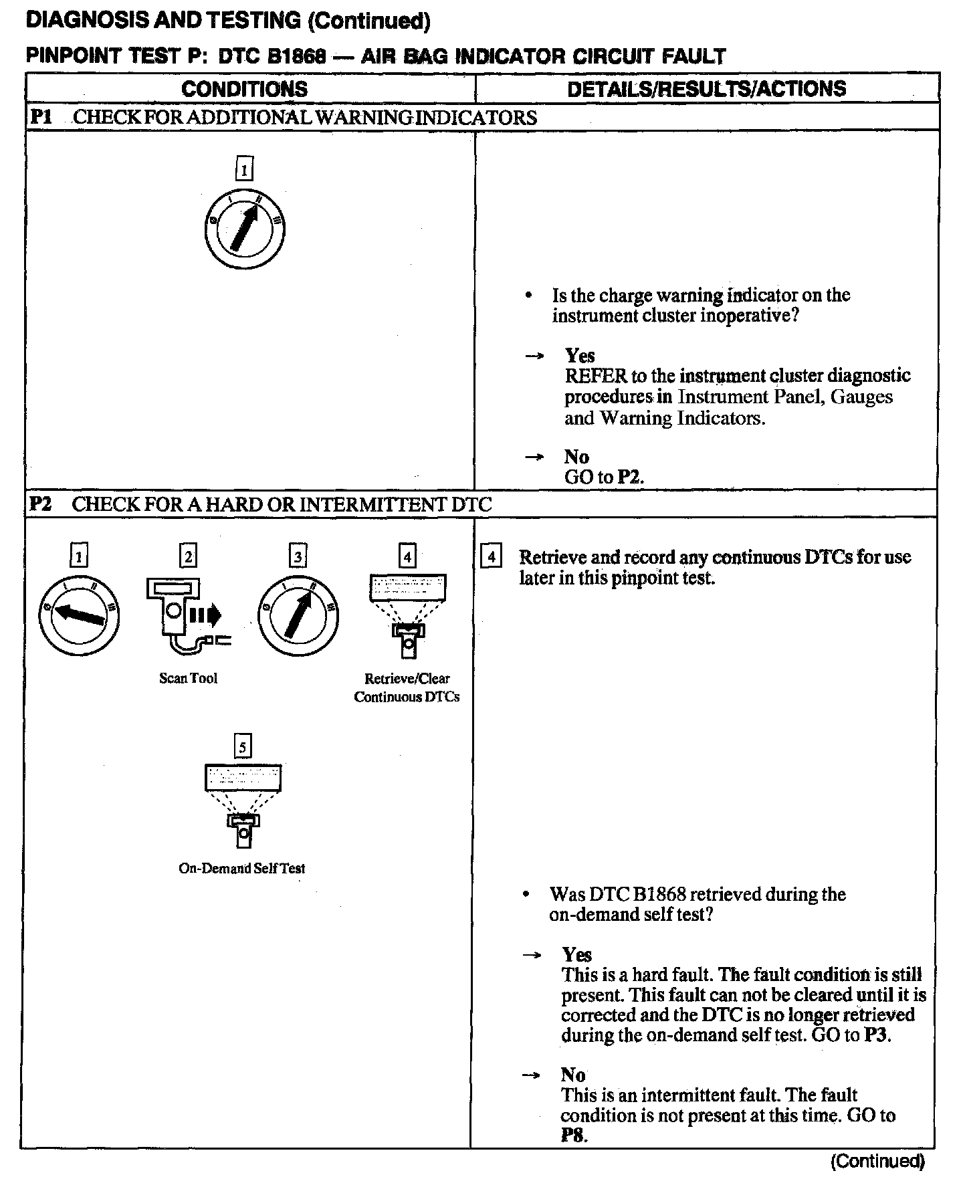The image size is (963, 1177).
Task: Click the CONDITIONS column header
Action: pos(244,89)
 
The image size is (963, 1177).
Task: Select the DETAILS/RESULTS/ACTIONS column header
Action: pos(706,89)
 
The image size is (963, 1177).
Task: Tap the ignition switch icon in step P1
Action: pos(245,228)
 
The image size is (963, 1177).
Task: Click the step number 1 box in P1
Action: pos(245,169)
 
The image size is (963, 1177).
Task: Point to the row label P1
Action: pos(41,117)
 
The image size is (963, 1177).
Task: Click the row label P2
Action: pos(41,504)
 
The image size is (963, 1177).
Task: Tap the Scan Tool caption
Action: pos(188,678)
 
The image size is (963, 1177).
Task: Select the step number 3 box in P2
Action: pos(298,556)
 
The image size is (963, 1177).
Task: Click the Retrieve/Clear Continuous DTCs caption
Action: pos(407,687)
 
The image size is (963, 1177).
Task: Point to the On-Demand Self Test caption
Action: pos(241,868)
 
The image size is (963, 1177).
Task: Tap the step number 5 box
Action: pos(242,746)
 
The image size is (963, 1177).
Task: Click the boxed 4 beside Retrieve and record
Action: pos(492,556)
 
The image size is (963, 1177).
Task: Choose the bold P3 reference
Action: pos(877,1035)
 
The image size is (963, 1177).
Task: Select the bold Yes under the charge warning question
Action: pos(579,355)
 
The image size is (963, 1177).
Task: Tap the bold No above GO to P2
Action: pos(576,457)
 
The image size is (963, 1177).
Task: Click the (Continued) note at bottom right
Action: pos(877,1161)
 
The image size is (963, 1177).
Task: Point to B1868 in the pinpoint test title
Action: pos(296,56)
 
